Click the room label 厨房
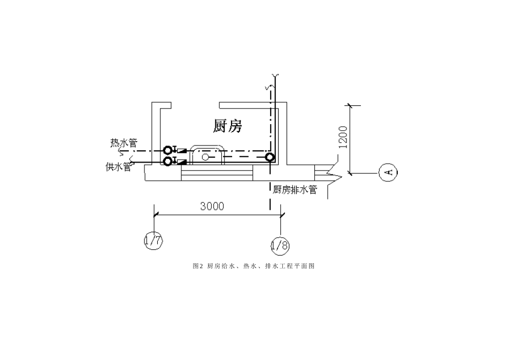pos(228,126)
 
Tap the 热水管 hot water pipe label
pos(124,143)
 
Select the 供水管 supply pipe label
pos(118,166)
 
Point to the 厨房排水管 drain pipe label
pos(295,189)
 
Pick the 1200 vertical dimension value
pos(343,137)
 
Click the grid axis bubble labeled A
pos(388,172)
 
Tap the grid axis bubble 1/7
pos(153,241)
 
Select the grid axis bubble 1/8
pos(280,246)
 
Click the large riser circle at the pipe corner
pos(270,157)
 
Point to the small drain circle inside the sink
pos(205,157)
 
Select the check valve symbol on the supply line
pos(181,160)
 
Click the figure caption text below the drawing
pos(253,265)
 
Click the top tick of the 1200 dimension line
pos(350,105)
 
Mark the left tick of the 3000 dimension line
pos(155,215)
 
